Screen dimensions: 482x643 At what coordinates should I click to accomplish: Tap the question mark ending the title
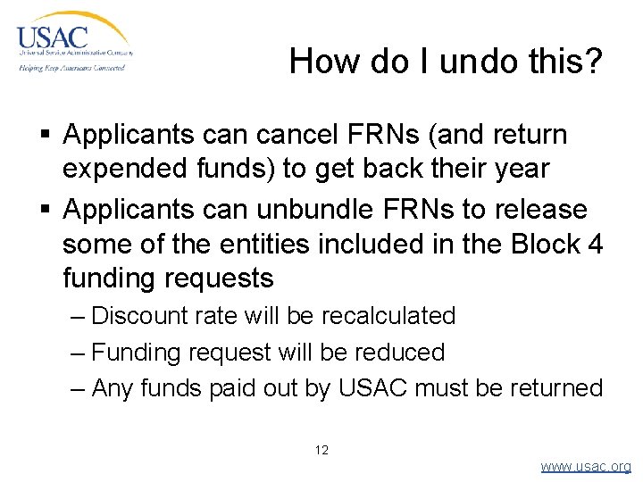[593, 62]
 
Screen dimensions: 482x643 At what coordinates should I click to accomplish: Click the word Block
[539, 244]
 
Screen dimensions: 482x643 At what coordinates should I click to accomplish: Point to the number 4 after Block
[595, 244]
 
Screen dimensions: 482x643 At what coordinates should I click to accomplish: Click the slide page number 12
[321, 450]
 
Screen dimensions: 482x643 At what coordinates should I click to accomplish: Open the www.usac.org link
[585, 467]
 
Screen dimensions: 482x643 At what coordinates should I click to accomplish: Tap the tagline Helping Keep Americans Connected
[71, 68]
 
